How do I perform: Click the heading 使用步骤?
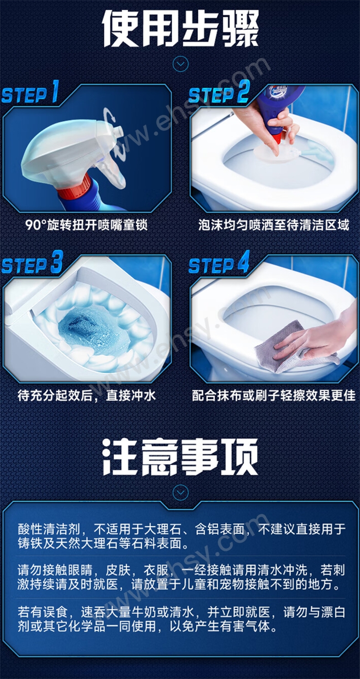pos(180,28)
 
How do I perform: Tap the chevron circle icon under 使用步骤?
pos(180,64)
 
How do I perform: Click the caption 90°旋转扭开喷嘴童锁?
pos(87,225)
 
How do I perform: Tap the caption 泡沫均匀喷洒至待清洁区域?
pos(274,225)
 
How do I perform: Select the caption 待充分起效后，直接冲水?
pos(87,395)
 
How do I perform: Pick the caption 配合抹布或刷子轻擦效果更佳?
pos(274,395)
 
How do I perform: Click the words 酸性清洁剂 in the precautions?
pos(49,529)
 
